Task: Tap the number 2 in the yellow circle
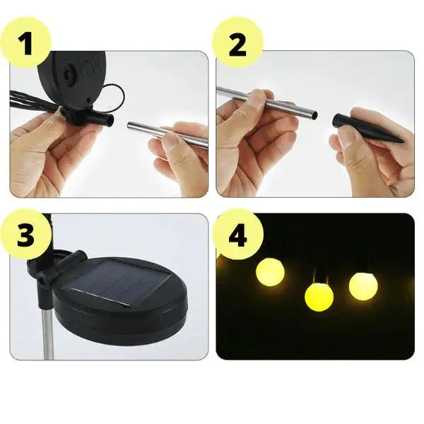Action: (237, 44)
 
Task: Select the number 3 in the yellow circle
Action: (25, 237)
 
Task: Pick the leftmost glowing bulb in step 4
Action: (269, 272)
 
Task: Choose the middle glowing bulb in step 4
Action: (319, 297)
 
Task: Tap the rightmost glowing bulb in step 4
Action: (363, 285)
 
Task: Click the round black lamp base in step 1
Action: (71, 78)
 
